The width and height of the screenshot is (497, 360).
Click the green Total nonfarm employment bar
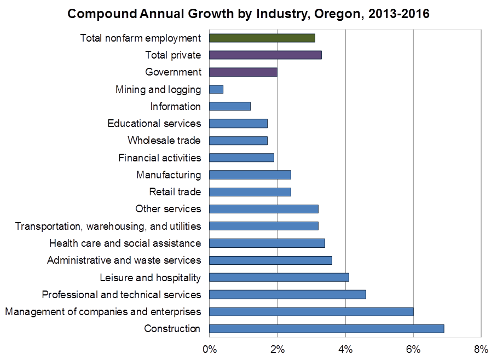click(x=262, y=38)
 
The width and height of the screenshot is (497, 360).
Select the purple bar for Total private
click(x=265, y=55)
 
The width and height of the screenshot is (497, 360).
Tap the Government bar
click(x=243, y=72)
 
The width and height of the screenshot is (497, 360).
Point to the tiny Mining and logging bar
click(x=216, y=89)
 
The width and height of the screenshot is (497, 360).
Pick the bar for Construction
click(x=326, y=328)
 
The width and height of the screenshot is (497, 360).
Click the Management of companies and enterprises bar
click(x=311, y=311)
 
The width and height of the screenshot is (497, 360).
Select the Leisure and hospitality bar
click(x=279, y=277)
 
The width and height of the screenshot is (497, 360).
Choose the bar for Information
click(x=230, y=106)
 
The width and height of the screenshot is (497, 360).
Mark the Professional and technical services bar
click(x=287, y=294)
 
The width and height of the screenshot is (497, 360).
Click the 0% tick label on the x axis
click(x=210, y=349)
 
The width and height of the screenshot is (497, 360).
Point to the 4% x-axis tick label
click(x=345, y=349)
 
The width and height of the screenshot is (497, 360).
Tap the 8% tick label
click(x=481, y=349)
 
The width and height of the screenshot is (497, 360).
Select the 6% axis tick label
click(x=413, y=349)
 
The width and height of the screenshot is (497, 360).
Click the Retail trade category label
click(x=175, y=191)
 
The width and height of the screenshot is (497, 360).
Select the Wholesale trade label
click(x=164, y=141)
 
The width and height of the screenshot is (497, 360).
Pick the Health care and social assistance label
click(x=125, y=243)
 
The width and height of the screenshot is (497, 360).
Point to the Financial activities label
click(x=159, y=158)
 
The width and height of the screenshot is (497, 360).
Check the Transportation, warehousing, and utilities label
click(x=108, y=226)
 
